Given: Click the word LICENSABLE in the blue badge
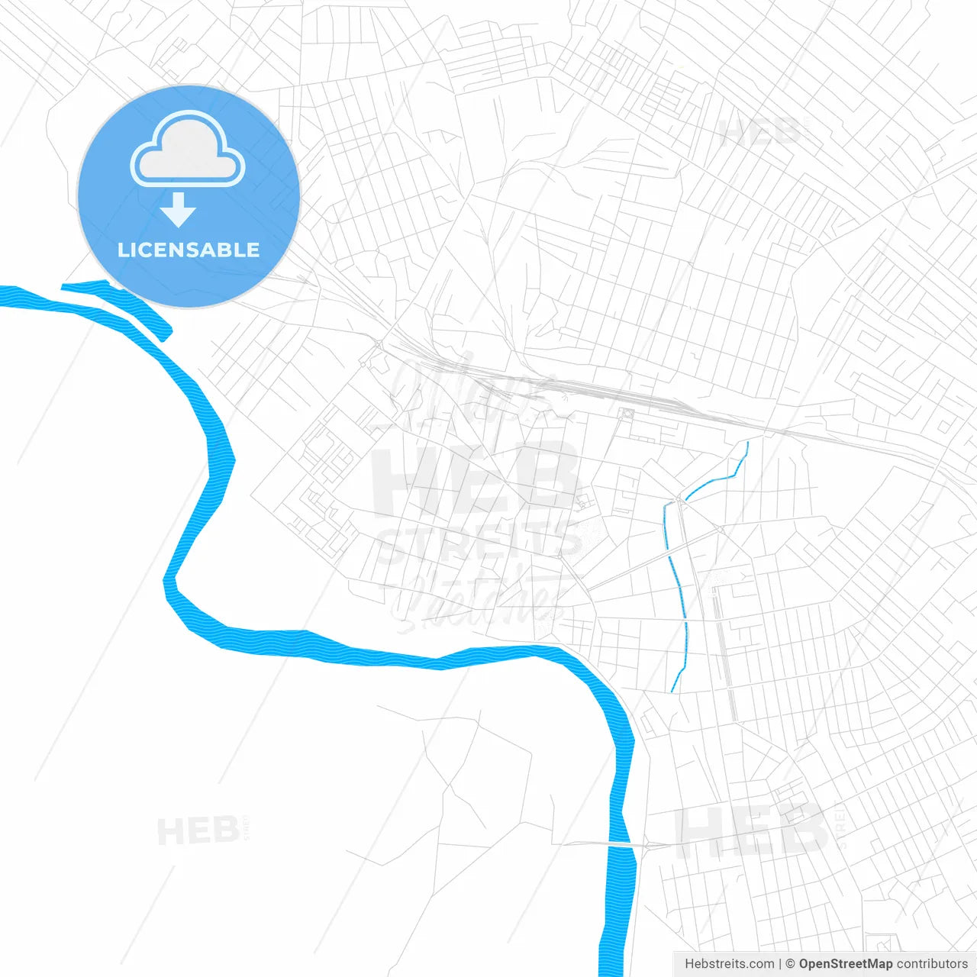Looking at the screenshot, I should click(x=189, y=250).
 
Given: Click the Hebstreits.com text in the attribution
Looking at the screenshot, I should click(x=729, y=964).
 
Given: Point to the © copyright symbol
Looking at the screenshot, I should click(x=790, y=964).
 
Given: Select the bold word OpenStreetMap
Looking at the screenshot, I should click(x=845, y=964).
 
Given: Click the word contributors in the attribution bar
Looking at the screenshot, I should click(x=932, y=964).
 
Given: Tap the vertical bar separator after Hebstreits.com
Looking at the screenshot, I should click(x=779, y=964).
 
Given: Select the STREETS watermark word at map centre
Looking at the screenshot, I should click(x=479, y=542).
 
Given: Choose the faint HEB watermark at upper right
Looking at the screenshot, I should click(x=759, y=132).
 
